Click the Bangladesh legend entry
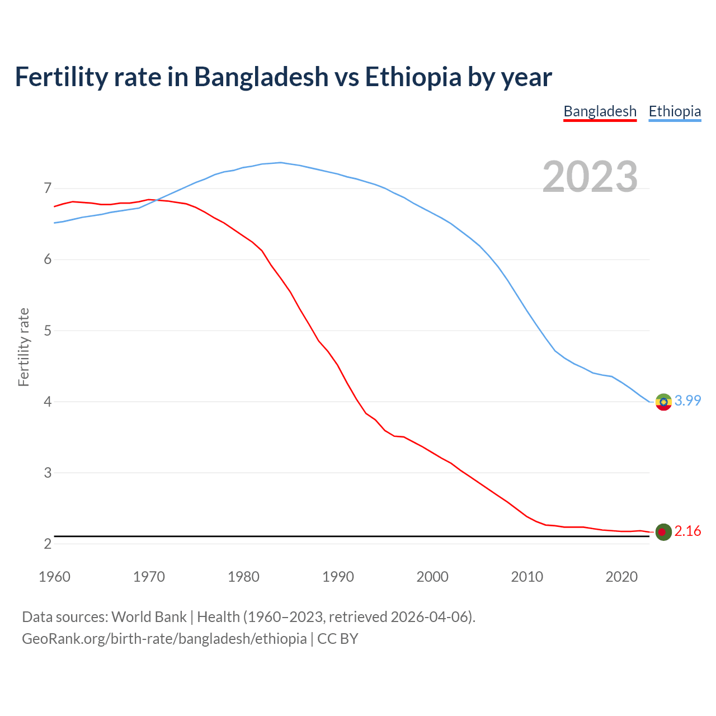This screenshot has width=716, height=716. [600, 111]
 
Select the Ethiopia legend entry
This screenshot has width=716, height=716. [675, 111]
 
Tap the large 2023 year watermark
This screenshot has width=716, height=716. [590, 177]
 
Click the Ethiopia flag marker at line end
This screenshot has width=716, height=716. [663, 402]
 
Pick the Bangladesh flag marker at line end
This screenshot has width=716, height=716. [663, 532]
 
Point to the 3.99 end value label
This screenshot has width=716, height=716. [687, 401]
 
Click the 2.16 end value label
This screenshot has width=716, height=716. [687, 531]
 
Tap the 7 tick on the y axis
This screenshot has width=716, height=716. [48, 189]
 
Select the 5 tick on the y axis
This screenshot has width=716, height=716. [48, 331]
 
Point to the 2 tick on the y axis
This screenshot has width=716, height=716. [48, 544]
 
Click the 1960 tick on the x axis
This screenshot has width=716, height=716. [54, 577]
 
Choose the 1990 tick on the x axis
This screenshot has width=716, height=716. [338, 577]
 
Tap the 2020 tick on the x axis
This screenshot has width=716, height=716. [621, 577]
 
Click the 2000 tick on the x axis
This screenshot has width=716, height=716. [432, 577]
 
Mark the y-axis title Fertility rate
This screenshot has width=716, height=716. [23, 347]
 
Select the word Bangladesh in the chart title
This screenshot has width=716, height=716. [261, 77]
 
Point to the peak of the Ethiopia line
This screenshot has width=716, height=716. [280, 163]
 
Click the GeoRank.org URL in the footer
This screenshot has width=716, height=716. [164, 639]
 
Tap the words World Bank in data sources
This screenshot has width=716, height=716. [149, 617]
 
